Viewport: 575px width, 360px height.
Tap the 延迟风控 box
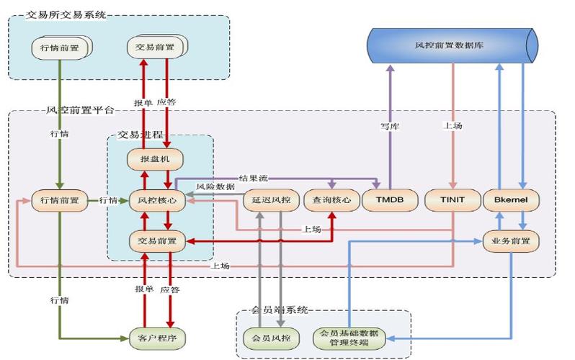[268, 201]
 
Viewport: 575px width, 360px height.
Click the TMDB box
[389, 201]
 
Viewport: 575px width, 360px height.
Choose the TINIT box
[453, 201]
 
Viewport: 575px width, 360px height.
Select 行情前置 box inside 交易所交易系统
[61, 47]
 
